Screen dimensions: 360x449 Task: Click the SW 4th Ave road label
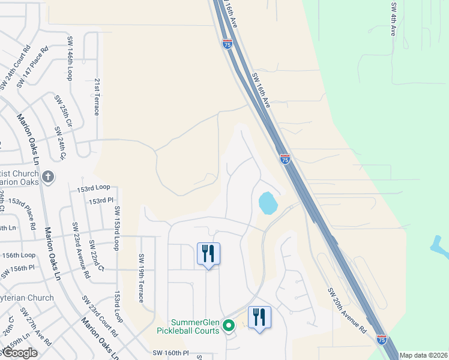point(394,19)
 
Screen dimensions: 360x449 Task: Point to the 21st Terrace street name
point(97,96)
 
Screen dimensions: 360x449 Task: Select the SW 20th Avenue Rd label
point(346,310)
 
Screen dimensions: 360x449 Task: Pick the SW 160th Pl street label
point(170,353)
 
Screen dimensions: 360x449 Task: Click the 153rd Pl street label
point(101,200)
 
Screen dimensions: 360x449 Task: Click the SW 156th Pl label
point(22,268)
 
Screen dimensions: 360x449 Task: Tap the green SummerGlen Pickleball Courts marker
point(228,326)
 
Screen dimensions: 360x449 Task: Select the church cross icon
point(49,178)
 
